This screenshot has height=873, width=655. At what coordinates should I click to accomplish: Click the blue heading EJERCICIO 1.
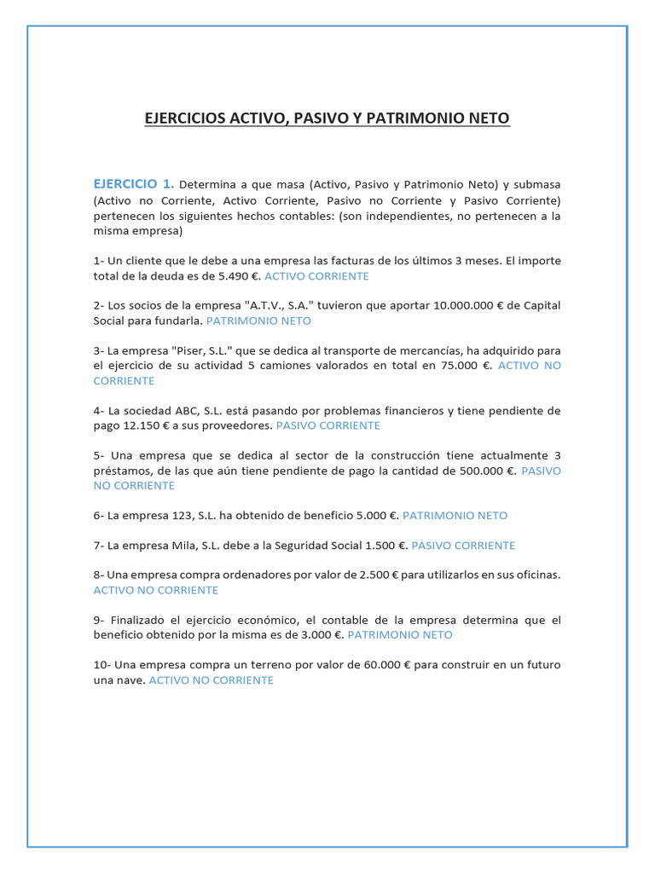click(x=134, y=183)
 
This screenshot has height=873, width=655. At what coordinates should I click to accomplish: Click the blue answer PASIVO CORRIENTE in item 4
click(x=328, y=425)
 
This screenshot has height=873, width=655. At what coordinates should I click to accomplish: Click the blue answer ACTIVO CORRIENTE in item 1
click(x=316, y=276)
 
